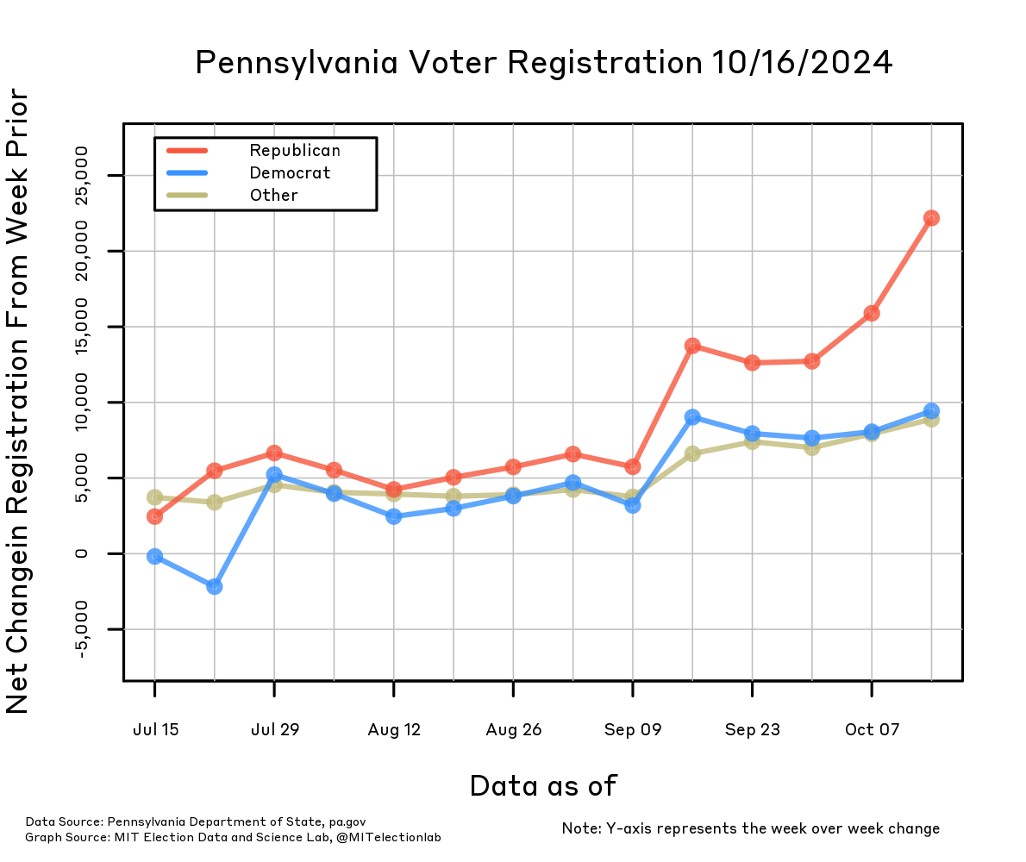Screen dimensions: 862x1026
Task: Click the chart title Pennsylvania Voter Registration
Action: pyautogui.click(x=543, y=63)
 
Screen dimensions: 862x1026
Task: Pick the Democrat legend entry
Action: pyautogui.click(x=290, y=173)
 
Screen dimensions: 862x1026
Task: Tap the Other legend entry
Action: pyautogui.click(x=273, y=196)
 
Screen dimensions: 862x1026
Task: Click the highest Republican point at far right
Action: pyautogui.click(x=931, y=218)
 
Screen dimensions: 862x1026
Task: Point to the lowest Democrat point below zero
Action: pyautogui.click(x=215, y=586)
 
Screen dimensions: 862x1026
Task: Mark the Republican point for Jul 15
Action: pyautogui.click(x=155, y=516)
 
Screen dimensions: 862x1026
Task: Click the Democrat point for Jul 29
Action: pyautogui.click(x=274, y=474)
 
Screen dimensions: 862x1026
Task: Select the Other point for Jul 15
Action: pyautogui.click(x=155, y=497)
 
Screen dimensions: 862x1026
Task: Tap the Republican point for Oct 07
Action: pyautogui.click(x=872, y=313)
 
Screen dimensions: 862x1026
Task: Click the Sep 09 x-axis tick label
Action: pyautogui.click(x=633, y=730)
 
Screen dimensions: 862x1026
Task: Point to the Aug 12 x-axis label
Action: pyautogui.click(x=394, y=730)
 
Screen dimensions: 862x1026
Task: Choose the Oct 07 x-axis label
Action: pyautogui.click(x=872, y=730)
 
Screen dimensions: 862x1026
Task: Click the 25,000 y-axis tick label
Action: pyautogui.click(x=82, y=176)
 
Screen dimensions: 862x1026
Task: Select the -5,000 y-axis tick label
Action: pyautogui.click(x=82, y=629)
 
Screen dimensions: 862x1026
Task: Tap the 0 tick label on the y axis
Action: pyautogui.click(x=82, y=553)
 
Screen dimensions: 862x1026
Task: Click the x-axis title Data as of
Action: pyautogui.click(x=543, y=785)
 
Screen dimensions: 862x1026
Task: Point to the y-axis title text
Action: pyautogui.click(x=19, y=402)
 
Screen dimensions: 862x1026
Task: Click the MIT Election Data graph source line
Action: pyautogui.click(x=233, y=837)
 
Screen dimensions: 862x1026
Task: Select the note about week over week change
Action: pyautogui.click(x=750, y=828)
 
